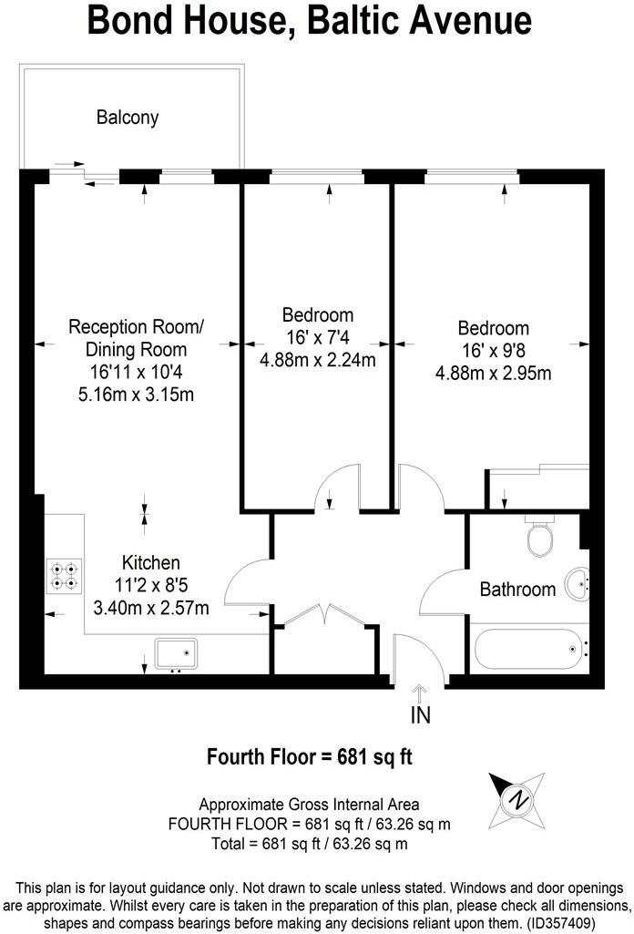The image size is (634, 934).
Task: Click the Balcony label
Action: (x=128, y=117)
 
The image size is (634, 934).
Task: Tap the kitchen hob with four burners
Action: (x=65, y=576)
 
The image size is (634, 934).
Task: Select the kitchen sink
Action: (x=175, y=654)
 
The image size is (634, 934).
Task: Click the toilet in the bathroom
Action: (x=540, y=539)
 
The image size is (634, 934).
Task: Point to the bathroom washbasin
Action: (x=577, y=583)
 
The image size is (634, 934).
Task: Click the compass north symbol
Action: (x=518, y=800)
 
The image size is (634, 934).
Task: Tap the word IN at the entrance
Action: (x=420, y=716)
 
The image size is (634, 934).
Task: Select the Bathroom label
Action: (x=517, y=590)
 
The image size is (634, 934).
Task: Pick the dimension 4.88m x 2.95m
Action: (x=493, y=373)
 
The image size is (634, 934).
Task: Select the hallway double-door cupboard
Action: (x=326, y=642)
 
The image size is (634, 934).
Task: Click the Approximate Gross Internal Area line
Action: (x=310, y=804)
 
